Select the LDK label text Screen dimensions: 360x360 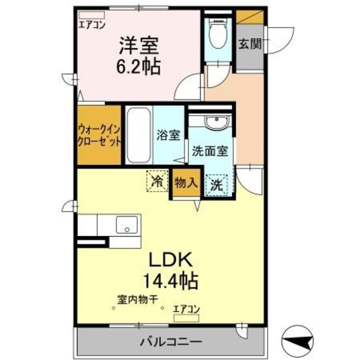click(170, 259)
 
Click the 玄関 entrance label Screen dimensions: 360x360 click(249, 44)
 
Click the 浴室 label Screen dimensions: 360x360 click(168, 136)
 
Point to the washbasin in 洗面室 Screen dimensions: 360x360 click(214, 122)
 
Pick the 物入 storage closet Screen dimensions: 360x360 click(186, 183)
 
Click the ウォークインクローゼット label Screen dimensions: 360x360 click(100, 136)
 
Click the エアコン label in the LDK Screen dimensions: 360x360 click(186, 308)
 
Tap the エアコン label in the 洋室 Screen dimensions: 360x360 click(92, 24)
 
